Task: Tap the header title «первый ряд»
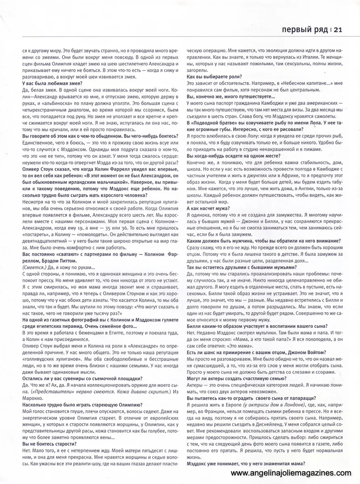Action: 301,29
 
